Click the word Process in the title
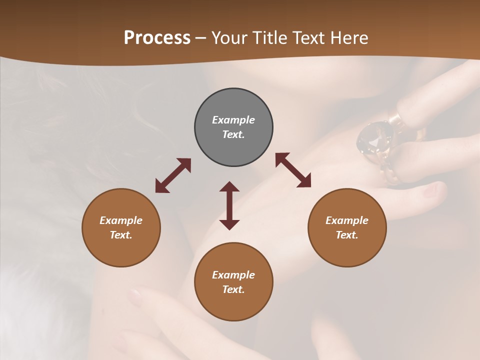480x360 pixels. pos(157,38)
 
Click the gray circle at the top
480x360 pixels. pos(233,127)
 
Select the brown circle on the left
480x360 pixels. pos(121,227)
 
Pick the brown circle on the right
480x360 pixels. pos(347,227)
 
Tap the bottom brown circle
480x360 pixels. pos(233,282)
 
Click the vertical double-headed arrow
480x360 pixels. pos(229,205)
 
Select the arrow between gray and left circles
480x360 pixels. pos(173,175)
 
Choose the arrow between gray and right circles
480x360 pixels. pos(293,170)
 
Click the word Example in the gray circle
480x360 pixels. pos(233,120)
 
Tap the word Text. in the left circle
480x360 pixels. pos(121,235)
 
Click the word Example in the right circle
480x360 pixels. pos(347,220)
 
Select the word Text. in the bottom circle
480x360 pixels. pos(233,289)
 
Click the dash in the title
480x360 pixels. pos(200,38)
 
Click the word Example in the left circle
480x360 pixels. pos(121,220)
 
